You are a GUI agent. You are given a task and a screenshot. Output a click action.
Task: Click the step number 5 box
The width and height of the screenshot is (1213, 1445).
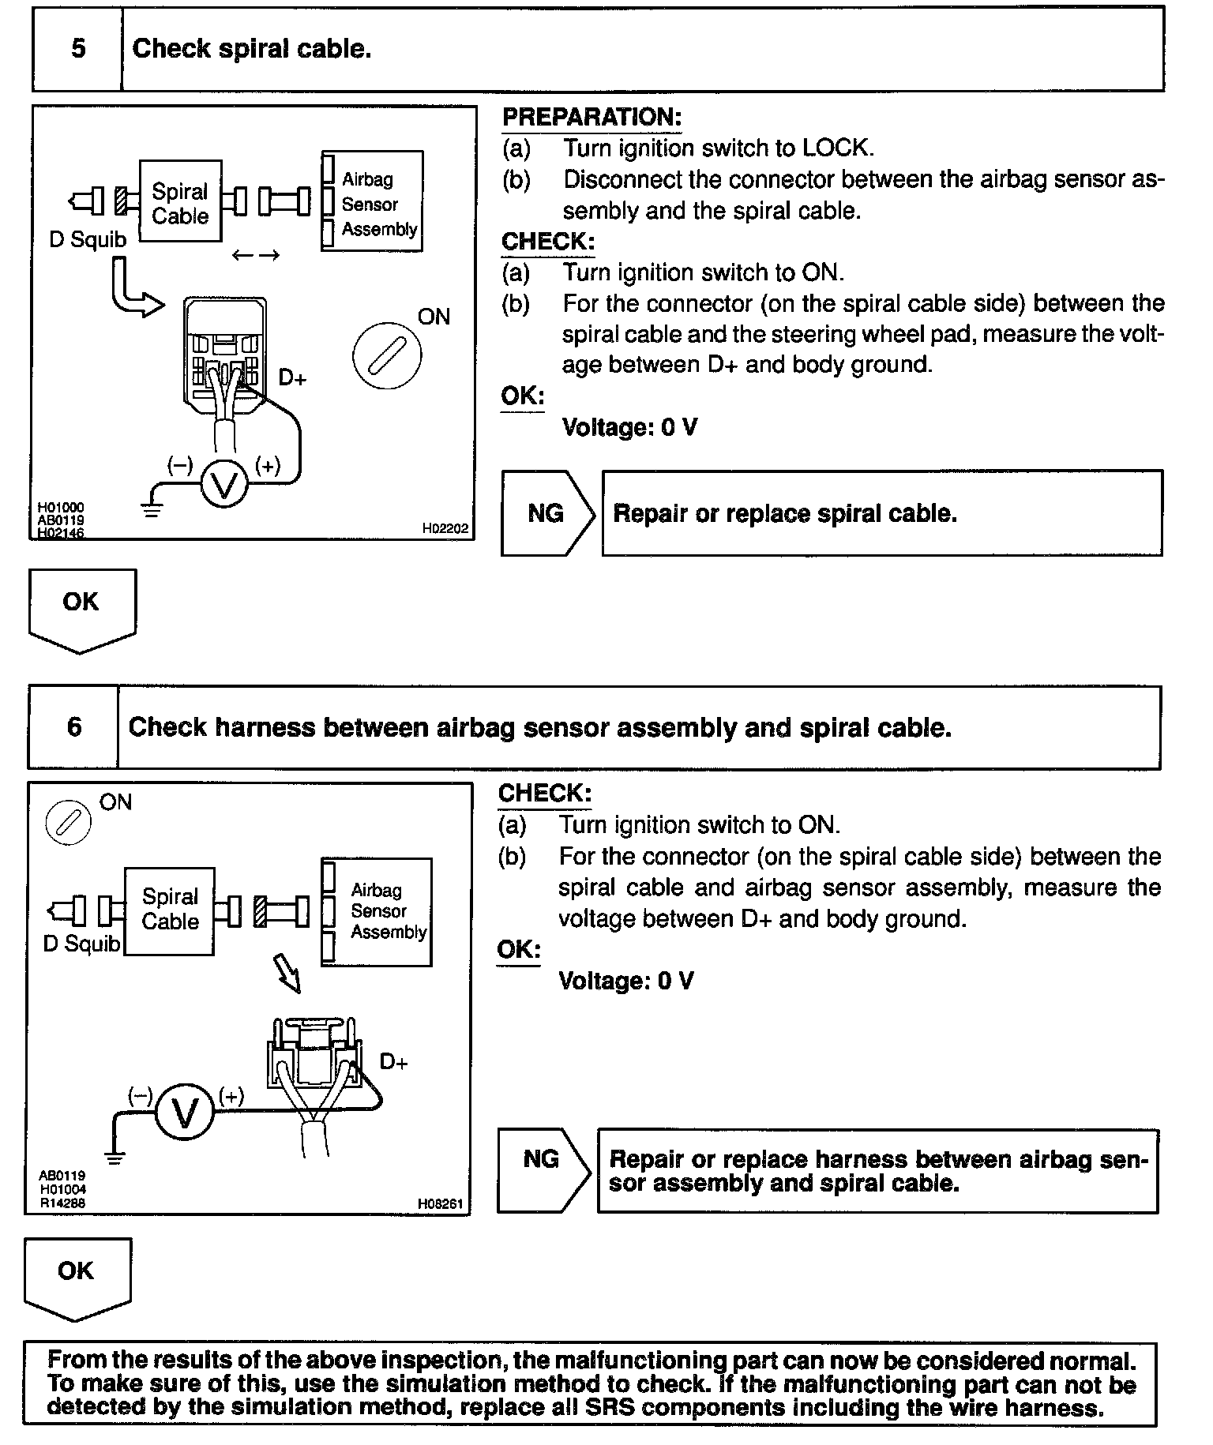[x=77, y=49]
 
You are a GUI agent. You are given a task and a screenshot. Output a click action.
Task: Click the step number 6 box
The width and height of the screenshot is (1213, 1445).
[x=73, y=727]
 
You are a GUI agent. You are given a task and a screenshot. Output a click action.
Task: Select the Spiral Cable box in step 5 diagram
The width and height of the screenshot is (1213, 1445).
[x=180, y=202]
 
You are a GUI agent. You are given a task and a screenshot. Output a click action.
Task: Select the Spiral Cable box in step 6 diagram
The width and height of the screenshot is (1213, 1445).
[x=170, y=910]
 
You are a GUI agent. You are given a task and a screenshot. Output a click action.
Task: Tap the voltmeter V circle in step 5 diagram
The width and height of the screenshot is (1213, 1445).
[x=225, y=485]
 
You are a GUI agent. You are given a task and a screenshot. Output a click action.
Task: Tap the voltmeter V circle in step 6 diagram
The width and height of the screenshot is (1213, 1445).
[x=185, y=1113]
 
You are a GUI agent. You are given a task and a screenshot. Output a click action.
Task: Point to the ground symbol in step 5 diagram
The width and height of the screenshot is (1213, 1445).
[x=152, y=509]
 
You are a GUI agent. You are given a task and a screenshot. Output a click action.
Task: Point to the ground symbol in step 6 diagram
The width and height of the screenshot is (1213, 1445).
[x=115, y=1158]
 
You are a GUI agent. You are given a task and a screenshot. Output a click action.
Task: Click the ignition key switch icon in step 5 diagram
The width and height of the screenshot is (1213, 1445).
[x=387, y=355]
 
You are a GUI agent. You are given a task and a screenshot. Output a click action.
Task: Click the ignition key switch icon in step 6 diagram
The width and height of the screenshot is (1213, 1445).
[x=69, y=822]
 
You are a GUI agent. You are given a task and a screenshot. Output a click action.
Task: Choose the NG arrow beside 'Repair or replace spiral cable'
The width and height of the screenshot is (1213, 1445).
[x=546, y=513]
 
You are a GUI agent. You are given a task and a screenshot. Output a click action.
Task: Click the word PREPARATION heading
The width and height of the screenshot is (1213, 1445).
[x=591, y=118]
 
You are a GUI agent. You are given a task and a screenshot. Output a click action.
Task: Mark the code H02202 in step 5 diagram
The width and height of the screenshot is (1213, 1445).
[x=445, y=529]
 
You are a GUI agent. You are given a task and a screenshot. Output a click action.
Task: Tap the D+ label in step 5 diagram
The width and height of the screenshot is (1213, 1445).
[x=292, y=378]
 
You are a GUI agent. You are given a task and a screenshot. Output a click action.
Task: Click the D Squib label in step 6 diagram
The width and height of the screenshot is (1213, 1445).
[x=81, y=944]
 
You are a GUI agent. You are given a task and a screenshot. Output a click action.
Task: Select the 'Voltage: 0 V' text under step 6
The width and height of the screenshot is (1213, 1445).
[x=625, y=981]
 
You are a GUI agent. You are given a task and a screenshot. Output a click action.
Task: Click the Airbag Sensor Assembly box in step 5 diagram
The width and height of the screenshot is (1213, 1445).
[x=373, y=202]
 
